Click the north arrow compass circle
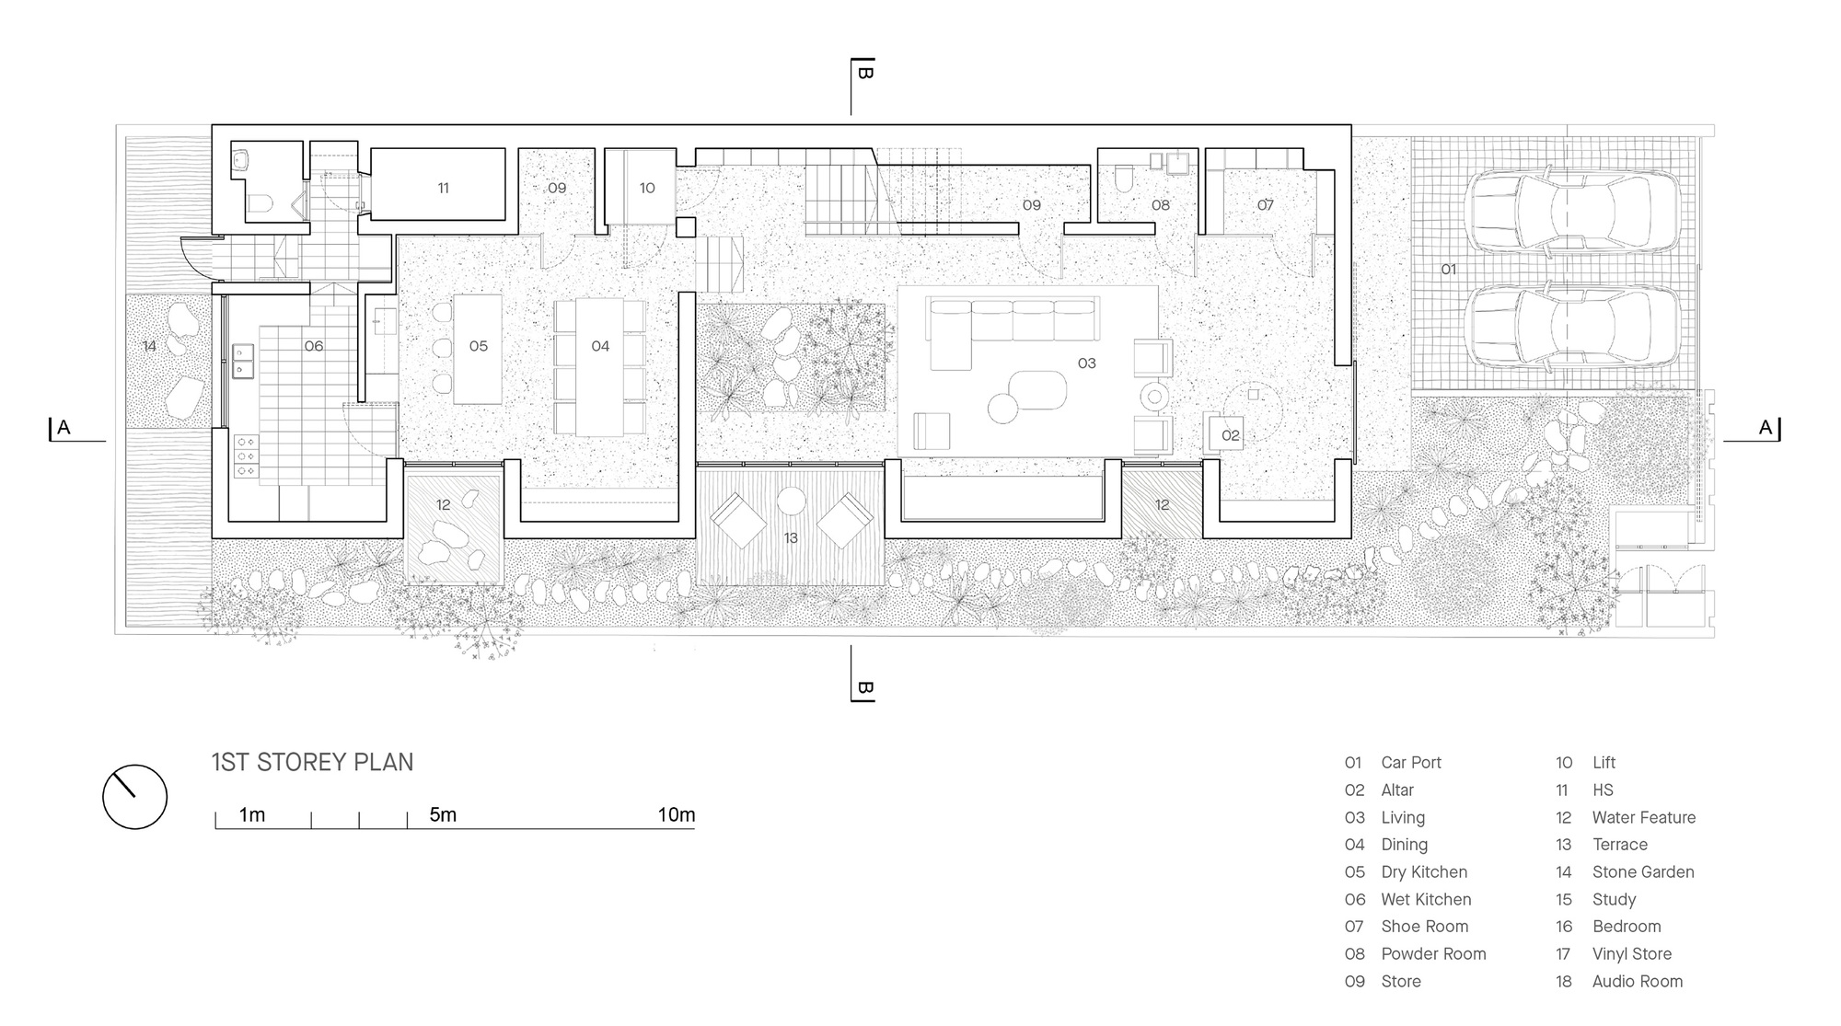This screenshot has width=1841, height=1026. [x=134, y=797]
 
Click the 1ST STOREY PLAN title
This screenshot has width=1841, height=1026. [x=312, y=762]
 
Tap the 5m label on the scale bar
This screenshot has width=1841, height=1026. [x=443, y=815]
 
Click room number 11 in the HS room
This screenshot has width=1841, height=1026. [x=443, y=188]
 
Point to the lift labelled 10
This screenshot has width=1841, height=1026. [x=647, y=188]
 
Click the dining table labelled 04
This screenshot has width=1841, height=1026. [x=599, y=366]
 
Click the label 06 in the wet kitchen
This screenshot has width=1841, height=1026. [x=313, y=346]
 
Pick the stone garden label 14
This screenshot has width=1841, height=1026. [x=149, y=346]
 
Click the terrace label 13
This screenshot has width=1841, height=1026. [x=791, y=538]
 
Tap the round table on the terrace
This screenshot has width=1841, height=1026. [x=791, y=501]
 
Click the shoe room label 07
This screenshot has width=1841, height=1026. [x=1266, y=205]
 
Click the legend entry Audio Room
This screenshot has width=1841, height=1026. [x=1637, y=981]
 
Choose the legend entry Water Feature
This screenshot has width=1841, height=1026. [x=1643, y=817]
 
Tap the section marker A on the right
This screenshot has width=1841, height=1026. [x=1765, y=428]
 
